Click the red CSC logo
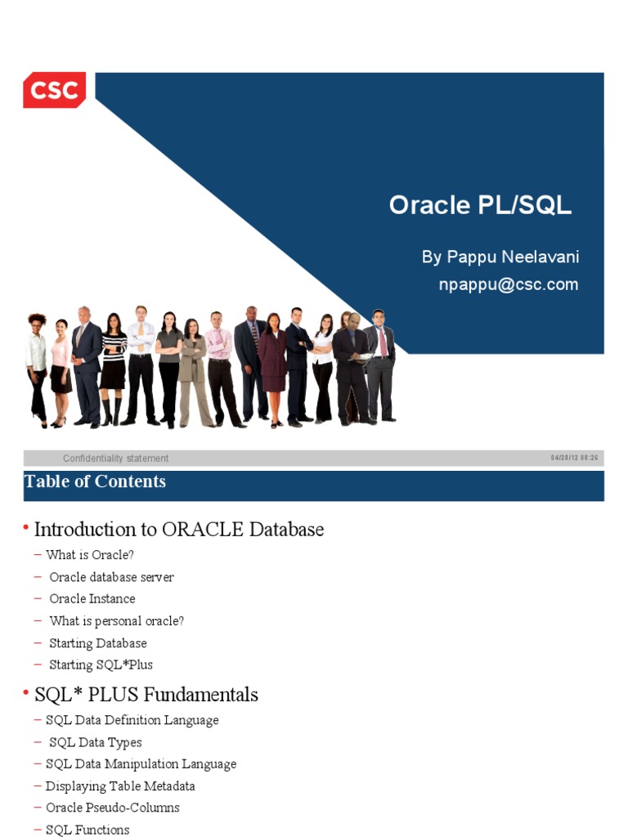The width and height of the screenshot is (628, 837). coord(54,90)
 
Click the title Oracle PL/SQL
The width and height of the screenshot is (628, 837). coord(480,205)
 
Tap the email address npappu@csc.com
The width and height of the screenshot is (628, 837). coord(509,284)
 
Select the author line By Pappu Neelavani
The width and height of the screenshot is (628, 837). coord(500,257)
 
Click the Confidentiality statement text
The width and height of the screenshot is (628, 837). coord(115,459)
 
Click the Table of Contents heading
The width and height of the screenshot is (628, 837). coord(96,481)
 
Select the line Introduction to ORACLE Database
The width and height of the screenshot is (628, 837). coord(178,530)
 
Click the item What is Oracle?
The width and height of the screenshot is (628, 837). coord(90,555)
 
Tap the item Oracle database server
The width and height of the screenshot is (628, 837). coord(111,577)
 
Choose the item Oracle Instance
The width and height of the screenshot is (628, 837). coord(92,598)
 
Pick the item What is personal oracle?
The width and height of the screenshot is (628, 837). coord(116,621)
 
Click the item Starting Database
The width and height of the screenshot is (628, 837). coord(97,643)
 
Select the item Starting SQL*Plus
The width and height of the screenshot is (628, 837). coord(101,665)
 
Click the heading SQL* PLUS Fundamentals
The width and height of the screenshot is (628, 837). coord(146,695)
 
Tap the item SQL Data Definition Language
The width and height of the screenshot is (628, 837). coord(132,720)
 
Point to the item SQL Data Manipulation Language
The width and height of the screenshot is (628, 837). coord(141,764)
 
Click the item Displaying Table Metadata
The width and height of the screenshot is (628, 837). coord(120,786)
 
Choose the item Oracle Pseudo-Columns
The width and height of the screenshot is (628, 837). coord(112,808)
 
